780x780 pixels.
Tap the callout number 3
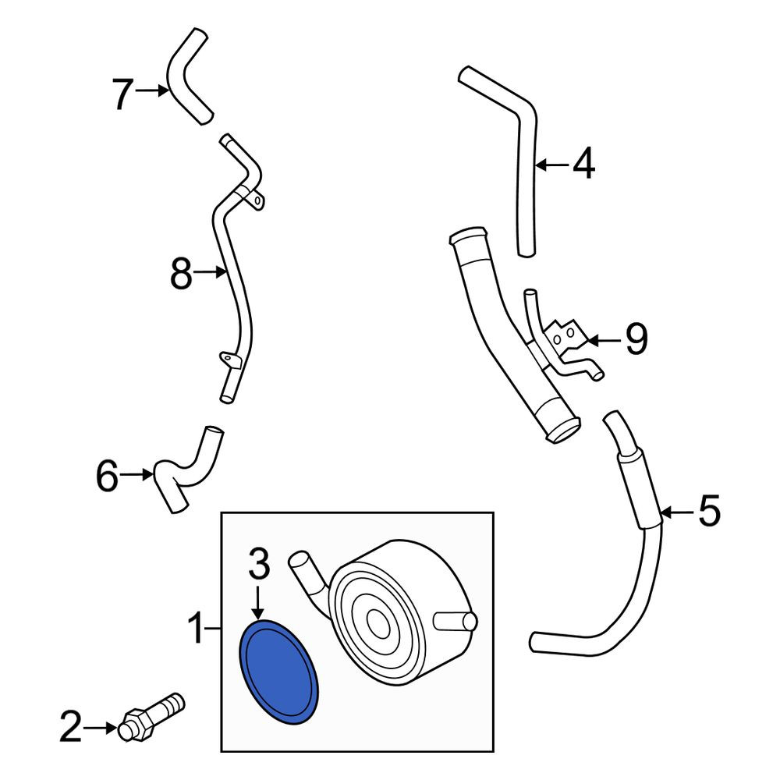[259, 564]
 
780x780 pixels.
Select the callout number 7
[122, 94]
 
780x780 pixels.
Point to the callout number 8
[181, 274]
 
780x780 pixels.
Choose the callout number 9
[636, 339]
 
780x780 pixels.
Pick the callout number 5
[709, 511]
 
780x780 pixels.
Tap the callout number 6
[107, 476]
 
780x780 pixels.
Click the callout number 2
[71, 728]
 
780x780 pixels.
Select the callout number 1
[197, 629]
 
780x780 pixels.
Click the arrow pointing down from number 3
[257, 603]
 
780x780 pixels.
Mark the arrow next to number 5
[679, 512]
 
